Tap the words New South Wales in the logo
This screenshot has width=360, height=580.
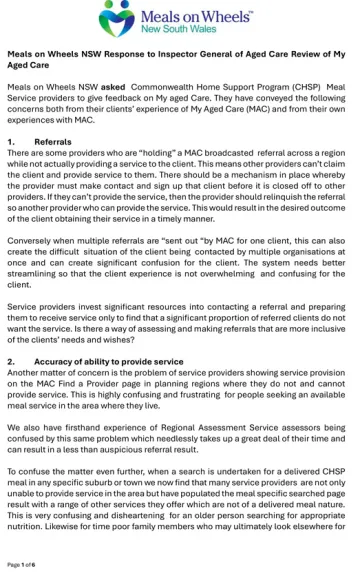[x=189, y=31]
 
